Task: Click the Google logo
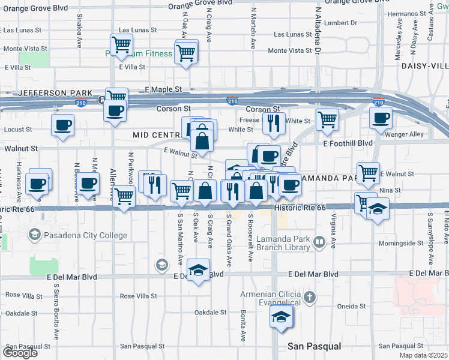[x=20, y=353]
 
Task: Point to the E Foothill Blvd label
[x=348, y=143]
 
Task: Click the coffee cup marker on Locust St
[x=62, y=126]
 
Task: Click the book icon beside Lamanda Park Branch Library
[x=320, y=242]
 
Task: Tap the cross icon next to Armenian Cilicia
[x=309, y=296]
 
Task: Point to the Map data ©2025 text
[x=424, y=355]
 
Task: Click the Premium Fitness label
[x=147, y=53]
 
